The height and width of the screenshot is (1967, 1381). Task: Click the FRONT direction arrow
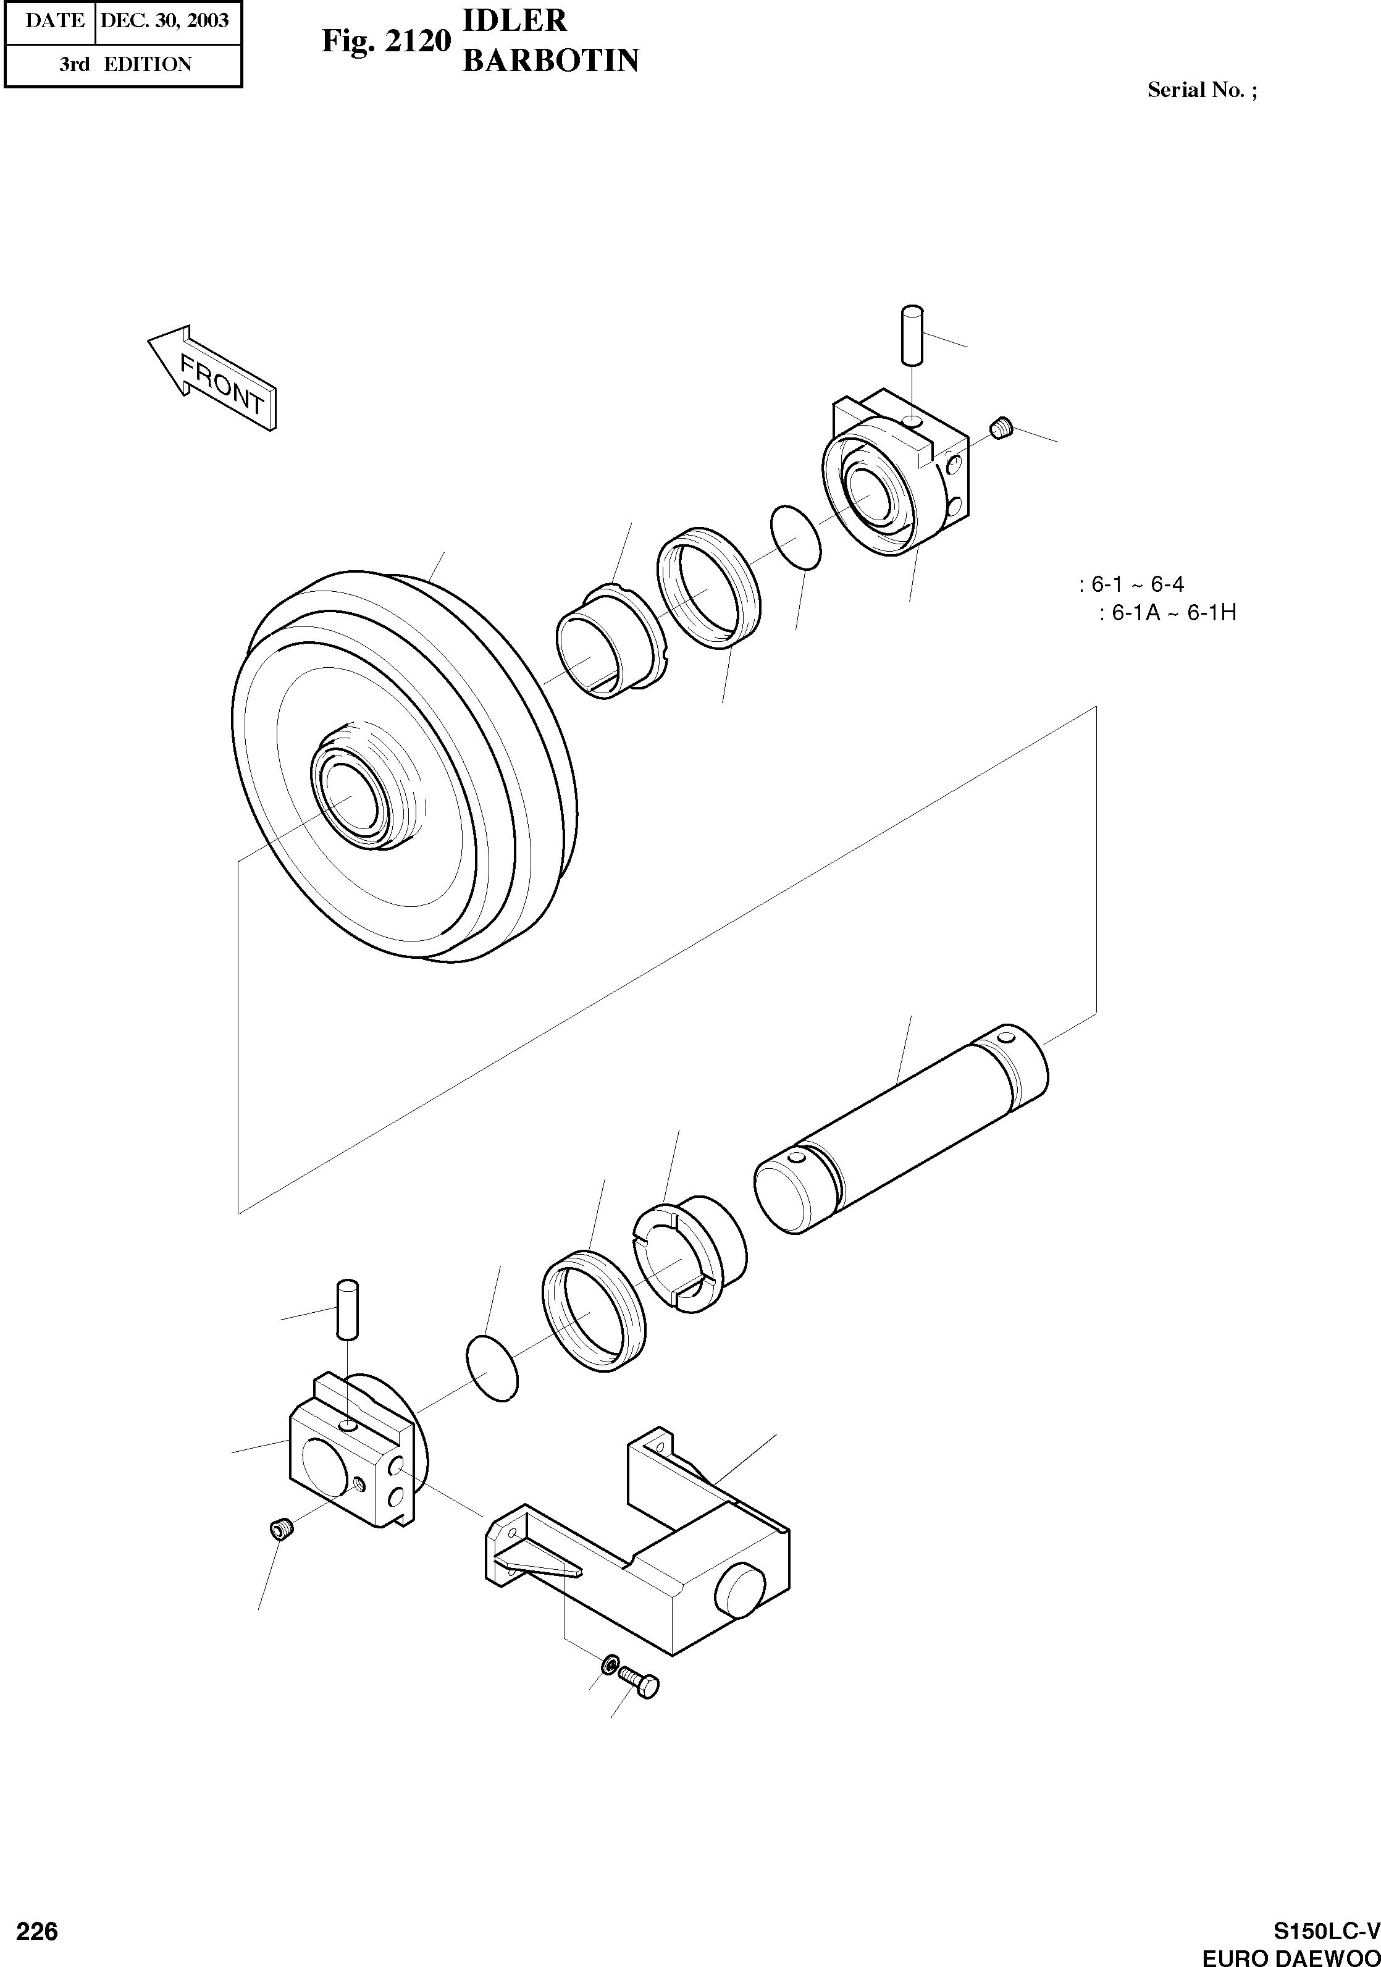click(214, 378)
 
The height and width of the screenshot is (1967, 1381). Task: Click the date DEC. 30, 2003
click(164, 20)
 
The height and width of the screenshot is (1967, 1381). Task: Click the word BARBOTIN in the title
click(550, 61)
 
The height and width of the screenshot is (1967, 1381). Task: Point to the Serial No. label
click(1201, 90)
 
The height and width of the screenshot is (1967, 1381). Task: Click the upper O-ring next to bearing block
click(796, 537)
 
